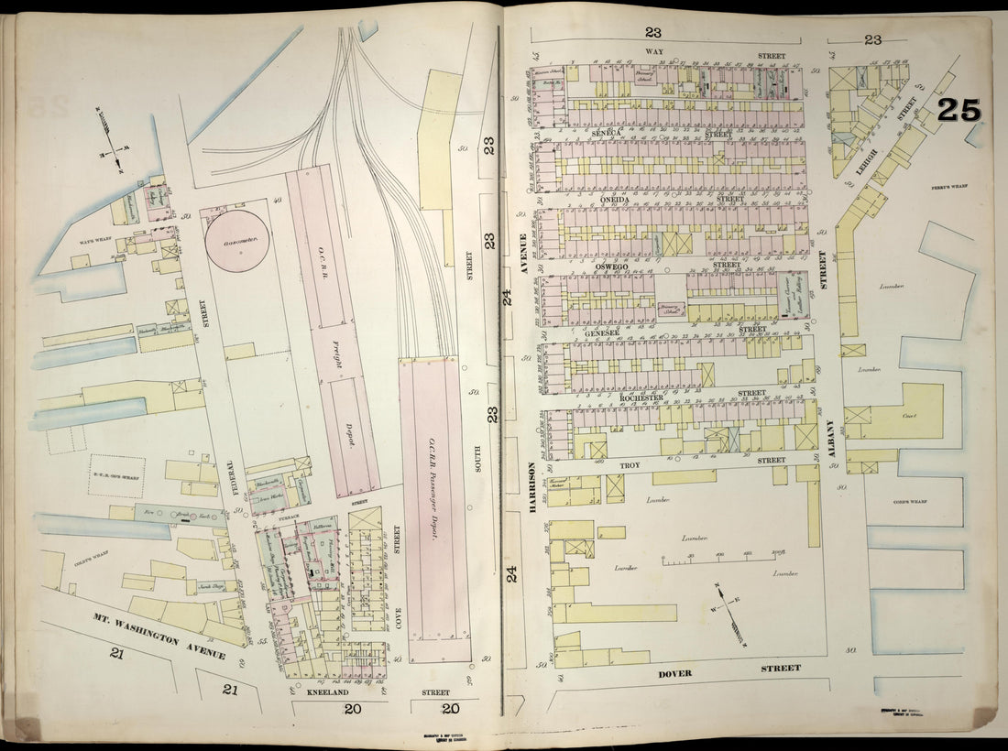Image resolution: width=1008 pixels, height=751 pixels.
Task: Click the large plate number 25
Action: click(x=959, y=110)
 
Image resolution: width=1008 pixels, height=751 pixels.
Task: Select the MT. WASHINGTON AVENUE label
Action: click(x=159, y=636)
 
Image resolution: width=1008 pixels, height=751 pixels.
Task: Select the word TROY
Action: click(x=630, y=466)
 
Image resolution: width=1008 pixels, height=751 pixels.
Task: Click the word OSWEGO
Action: click(x=610, y=267)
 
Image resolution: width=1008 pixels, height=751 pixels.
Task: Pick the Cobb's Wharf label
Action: click(x=911, y=502)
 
